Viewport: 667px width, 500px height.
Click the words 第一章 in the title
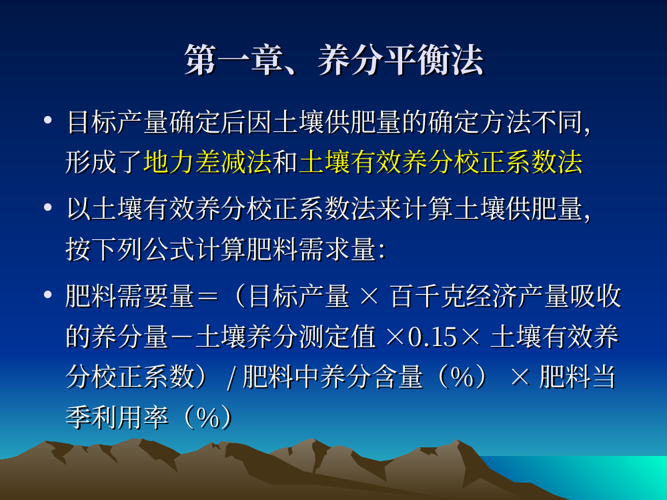233,61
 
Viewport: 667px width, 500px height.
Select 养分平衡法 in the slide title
400,61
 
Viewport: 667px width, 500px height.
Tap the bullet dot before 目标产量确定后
47,120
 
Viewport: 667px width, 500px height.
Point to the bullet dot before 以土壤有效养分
47,207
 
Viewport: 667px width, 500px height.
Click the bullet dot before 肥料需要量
47,295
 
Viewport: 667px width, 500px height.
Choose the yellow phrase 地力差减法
207,162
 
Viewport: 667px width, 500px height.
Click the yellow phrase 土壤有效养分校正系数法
441,162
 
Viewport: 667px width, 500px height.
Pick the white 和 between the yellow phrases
285,162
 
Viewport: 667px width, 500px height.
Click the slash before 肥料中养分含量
231,378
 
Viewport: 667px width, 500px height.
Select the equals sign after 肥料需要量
207,296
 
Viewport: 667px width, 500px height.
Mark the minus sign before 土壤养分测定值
181,337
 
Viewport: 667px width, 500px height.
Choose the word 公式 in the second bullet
169,249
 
